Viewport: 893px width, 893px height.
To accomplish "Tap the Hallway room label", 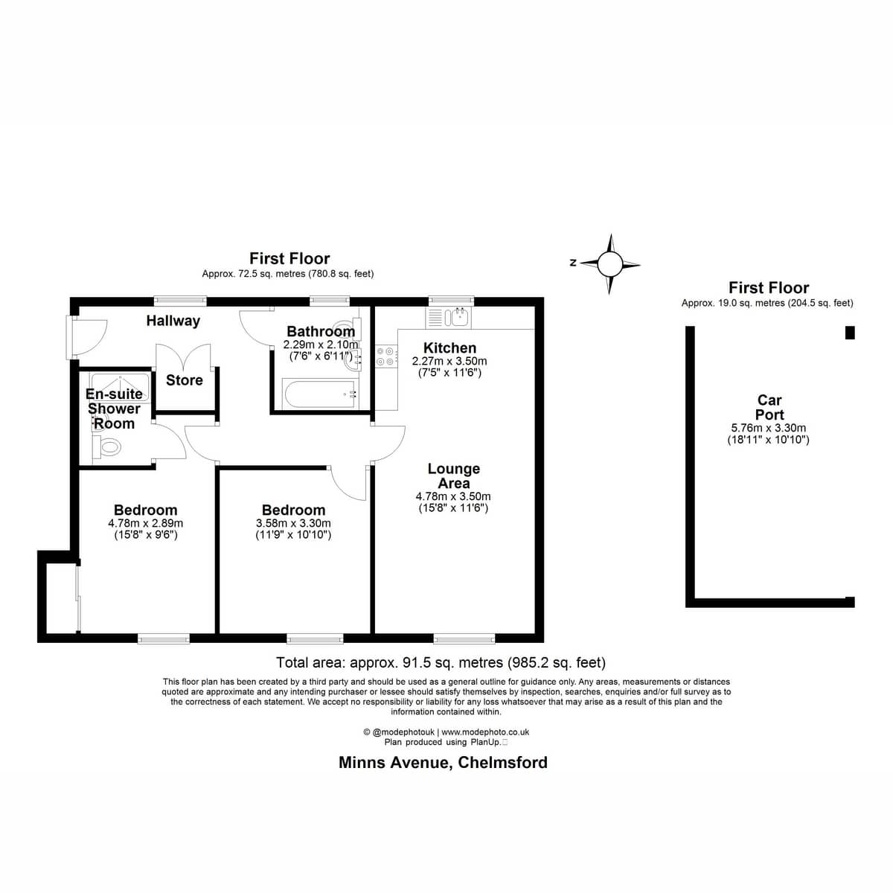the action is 173,321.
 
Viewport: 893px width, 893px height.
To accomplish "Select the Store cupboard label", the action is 184,380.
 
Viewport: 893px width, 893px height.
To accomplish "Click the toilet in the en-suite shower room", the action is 107,447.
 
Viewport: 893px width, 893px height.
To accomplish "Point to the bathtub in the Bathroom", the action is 320,394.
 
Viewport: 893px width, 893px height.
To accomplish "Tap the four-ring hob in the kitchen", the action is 385,356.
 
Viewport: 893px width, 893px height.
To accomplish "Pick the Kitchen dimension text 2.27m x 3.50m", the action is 449,361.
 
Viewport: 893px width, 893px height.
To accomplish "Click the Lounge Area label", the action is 453,476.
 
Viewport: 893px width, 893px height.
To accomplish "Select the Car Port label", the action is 769,407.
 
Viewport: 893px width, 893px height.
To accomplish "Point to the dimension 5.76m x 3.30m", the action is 768,428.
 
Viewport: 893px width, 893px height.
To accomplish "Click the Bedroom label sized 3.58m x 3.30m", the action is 293,510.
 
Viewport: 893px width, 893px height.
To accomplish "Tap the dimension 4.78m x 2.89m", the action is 146,523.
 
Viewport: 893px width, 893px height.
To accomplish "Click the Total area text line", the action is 441,663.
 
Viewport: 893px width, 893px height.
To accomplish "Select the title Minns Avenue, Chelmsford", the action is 443,762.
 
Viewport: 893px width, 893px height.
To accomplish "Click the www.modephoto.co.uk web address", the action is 485,732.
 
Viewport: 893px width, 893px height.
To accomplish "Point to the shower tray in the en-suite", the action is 120,386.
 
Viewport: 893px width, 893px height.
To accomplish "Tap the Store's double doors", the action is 184,357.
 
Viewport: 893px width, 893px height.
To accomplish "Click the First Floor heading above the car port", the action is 769,288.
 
